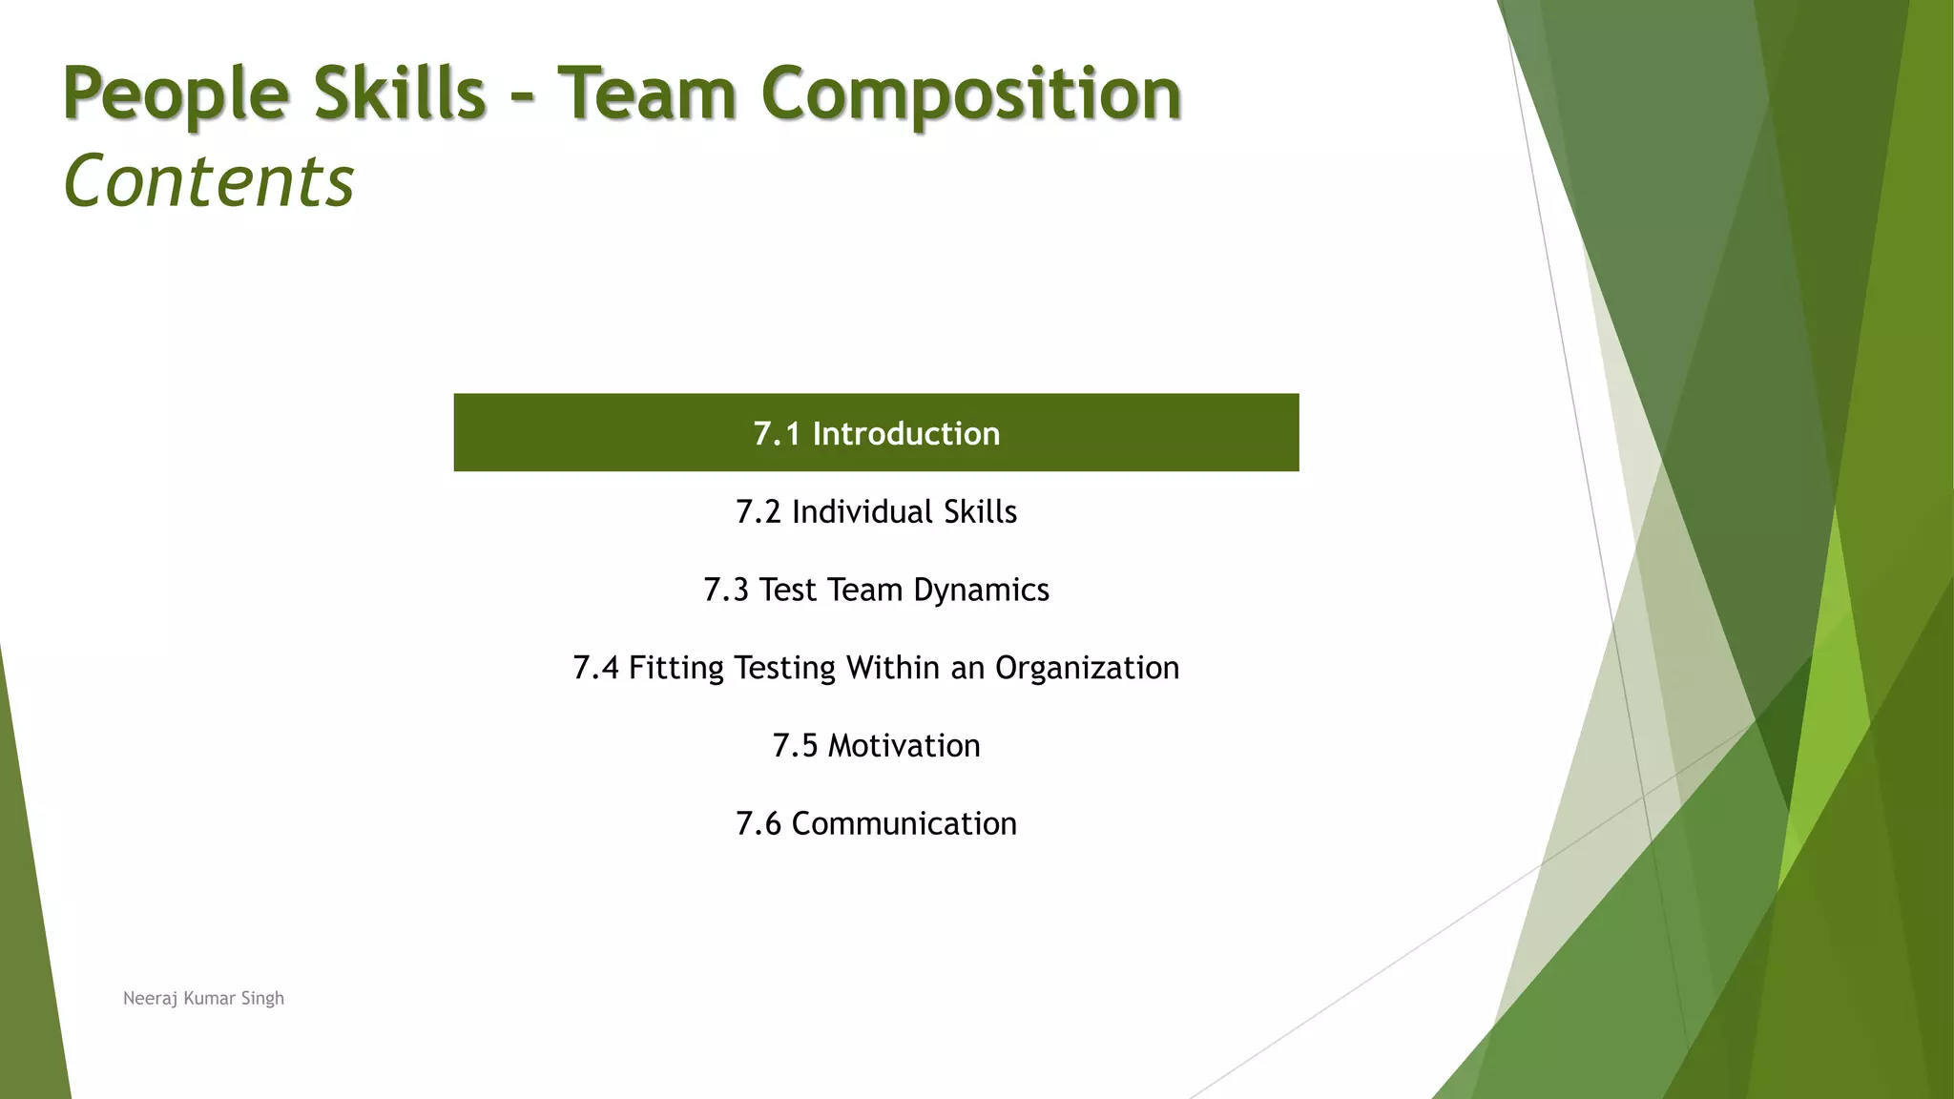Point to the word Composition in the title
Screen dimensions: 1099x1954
(x=971, y=95)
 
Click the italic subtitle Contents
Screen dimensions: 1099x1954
(x=208, y=181)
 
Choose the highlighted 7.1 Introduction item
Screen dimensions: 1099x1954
(x=876, y=433)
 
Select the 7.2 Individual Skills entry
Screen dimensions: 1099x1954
(x=876, y=512)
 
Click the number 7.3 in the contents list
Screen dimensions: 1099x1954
(x=725, y=591)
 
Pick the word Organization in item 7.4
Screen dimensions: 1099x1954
(x=1087, y=668)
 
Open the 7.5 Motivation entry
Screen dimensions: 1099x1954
(x=876, y=746)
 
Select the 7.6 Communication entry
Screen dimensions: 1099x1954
(x=876, y=823)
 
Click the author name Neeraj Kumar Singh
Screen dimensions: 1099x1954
(x=203, y=998)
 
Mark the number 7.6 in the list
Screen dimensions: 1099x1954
(x=758, y=823)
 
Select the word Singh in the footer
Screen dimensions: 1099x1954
(x=262, y=999)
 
